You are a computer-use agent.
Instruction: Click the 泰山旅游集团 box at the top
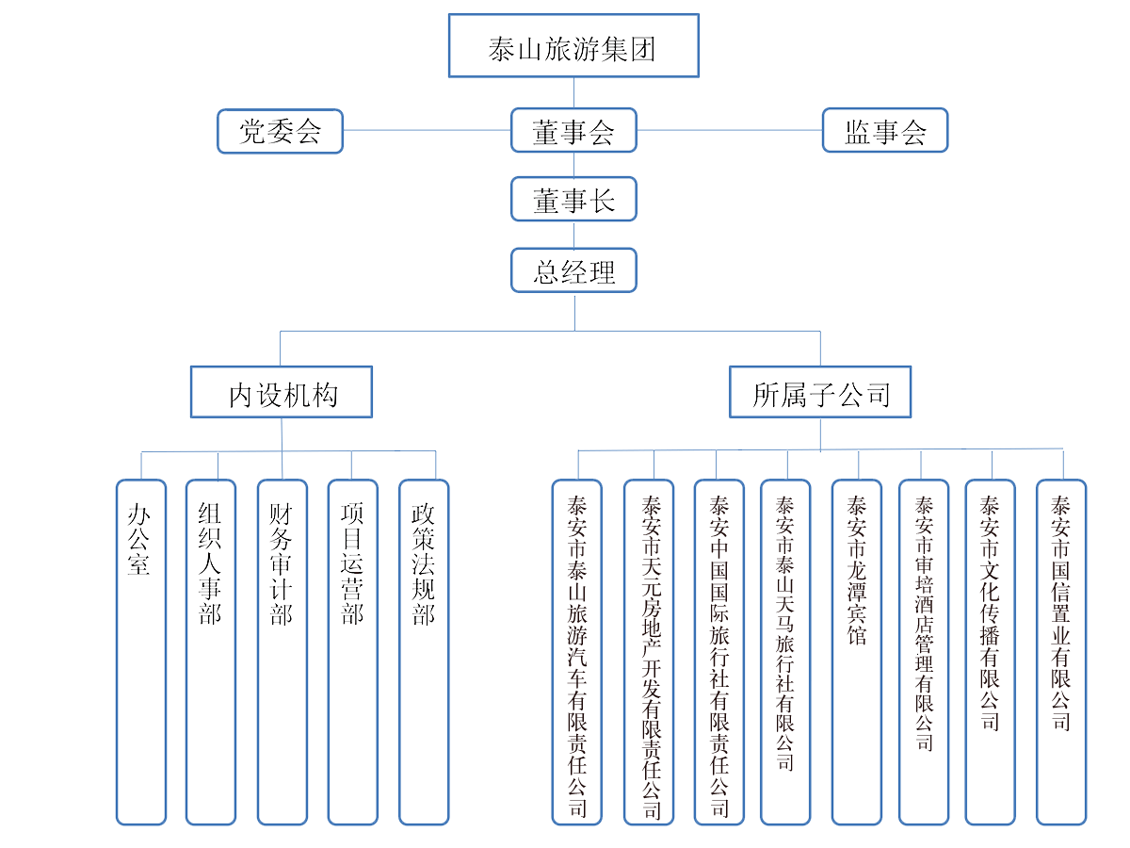click(x=573, y=45)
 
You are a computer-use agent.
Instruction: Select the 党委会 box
click(x=280, y=131)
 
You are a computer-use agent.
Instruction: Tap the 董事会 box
click(x=573, y=131)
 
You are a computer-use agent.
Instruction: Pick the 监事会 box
click(x=884, y=131)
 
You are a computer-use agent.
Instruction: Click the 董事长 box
click(x=573, y=200)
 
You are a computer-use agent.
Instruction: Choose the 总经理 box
click(x=573, y=270)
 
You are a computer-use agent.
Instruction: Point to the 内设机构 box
click(x=282, y=392)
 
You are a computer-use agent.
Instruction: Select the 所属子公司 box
click(x=820, y=392)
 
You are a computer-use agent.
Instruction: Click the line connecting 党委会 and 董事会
click(x=427, y=130)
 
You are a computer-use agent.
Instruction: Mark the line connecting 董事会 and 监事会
click(x=729, y=130)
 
